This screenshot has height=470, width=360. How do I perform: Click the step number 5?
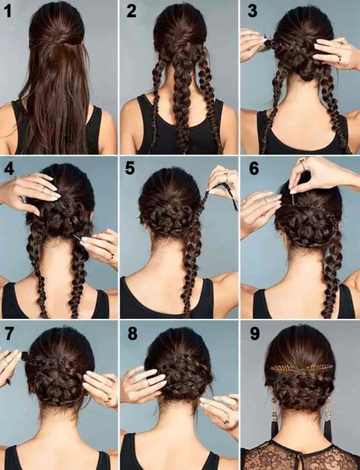pyautogui.click(x=130, y=168)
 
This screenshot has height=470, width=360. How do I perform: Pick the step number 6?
pyautogui.click(x=254, y=168)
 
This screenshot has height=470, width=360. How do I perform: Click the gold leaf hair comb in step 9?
pyautogui.click(x=299, y=368)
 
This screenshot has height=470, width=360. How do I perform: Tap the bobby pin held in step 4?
pyautogui.click(x=76, y=237)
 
